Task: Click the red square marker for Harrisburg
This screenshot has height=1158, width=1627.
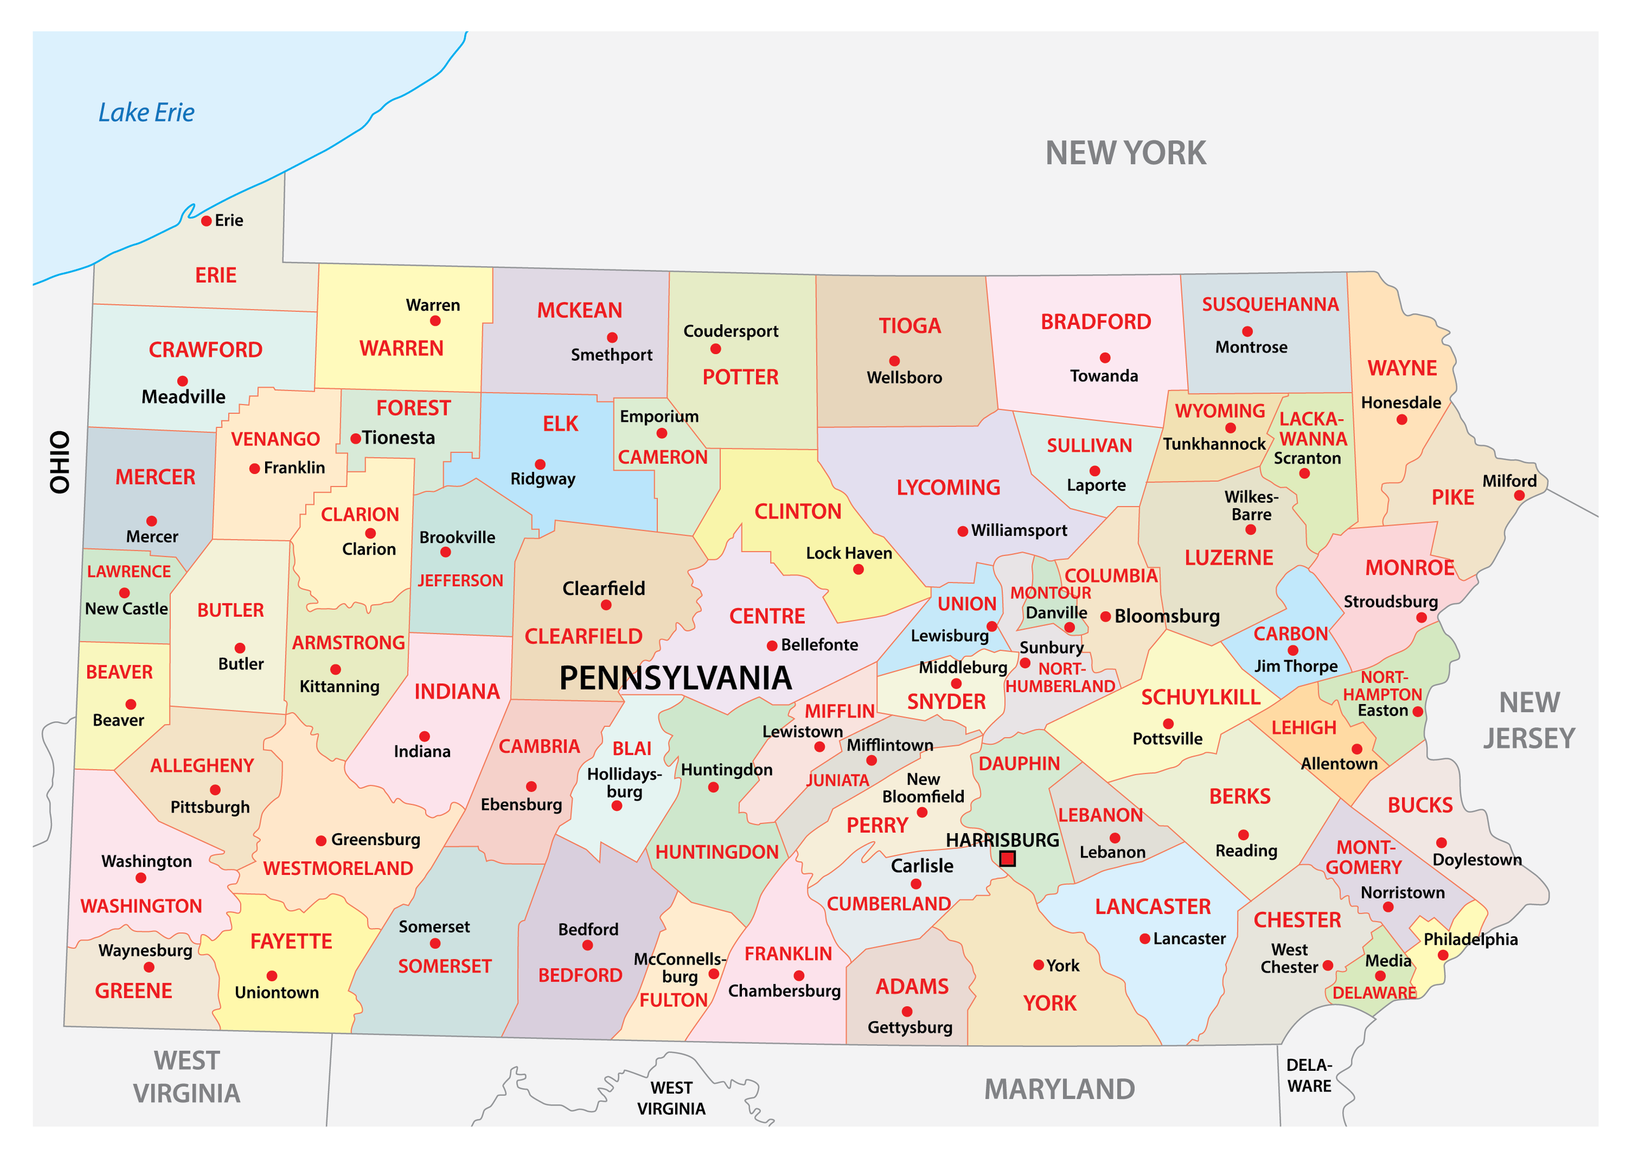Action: point(1006,858)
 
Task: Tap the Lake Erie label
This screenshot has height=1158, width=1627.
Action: point(146,113)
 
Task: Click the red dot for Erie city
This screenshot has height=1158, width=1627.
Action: point(206,221)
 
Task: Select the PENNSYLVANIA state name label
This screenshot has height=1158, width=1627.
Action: point(675,677)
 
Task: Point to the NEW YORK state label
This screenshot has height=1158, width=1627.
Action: point(1125,153)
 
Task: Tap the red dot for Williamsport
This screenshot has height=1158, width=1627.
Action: point(963,531)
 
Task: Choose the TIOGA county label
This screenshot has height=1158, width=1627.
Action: point(910,326)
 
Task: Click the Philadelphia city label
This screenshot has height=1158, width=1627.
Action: point(1470,939)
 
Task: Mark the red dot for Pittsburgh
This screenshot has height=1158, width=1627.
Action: point(216,790)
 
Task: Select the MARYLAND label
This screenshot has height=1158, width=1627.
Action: point(1059,1089)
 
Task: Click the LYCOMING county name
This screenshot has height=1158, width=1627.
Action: point(948,488)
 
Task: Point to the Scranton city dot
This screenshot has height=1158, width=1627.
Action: point(1304,474)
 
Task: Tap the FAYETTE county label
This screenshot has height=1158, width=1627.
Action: point(291,941)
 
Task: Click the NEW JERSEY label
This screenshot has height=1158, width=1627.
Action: point(1529,720)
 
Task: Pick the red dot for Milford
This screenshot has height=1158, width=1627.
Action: point(1520,495)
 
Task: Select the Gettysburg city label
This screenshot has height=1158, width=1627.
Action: point(910,1028)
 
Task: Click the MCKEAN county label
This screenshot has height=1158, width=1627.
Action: point(580,310)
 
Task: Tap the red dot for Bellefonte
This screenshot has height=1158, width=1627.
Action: point(771,646)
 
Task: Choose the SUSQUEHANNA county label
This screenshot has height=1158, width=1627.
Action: point(1270,305)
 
